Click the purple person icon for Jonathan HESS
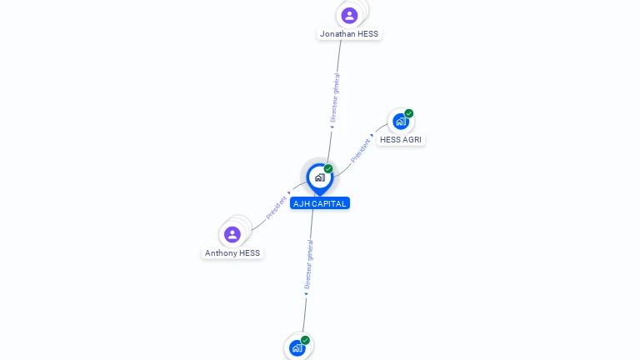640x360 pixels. [349, 15]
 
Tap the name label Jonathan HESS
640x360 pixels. [349, 34]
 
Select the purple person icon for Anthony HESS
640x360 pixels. [232, 234]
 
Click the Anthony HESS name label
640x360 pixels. [232, 253]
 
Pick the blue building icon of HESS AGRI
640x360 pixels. [401, 122]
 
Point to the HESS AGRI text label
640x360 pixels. [401, 140]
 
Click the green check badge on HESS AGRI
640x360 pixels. [409, 113]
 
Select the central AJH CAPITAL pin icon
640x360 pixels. [319, 177]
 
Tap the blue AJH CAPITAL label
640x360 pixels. [320, 203]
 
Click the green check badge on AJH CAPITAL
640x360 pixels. [328, 169]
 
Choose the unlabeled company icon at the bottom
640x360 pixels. [297, 348]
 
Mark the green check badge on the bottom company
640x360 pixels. [306, 340]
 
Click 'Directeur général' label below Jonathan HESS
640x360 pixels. [335, 98]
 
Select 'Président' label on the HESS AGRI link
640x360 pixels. [361, 150]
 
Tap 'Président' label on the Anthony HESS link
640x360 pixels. [277, 207]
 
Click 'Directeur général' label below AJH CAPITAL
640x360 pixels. [309, 265]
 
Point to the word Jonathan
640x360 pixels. [337, 34]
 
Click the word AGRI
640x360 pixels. [412, 140]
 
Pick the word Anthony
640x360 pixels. [221, 253]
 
